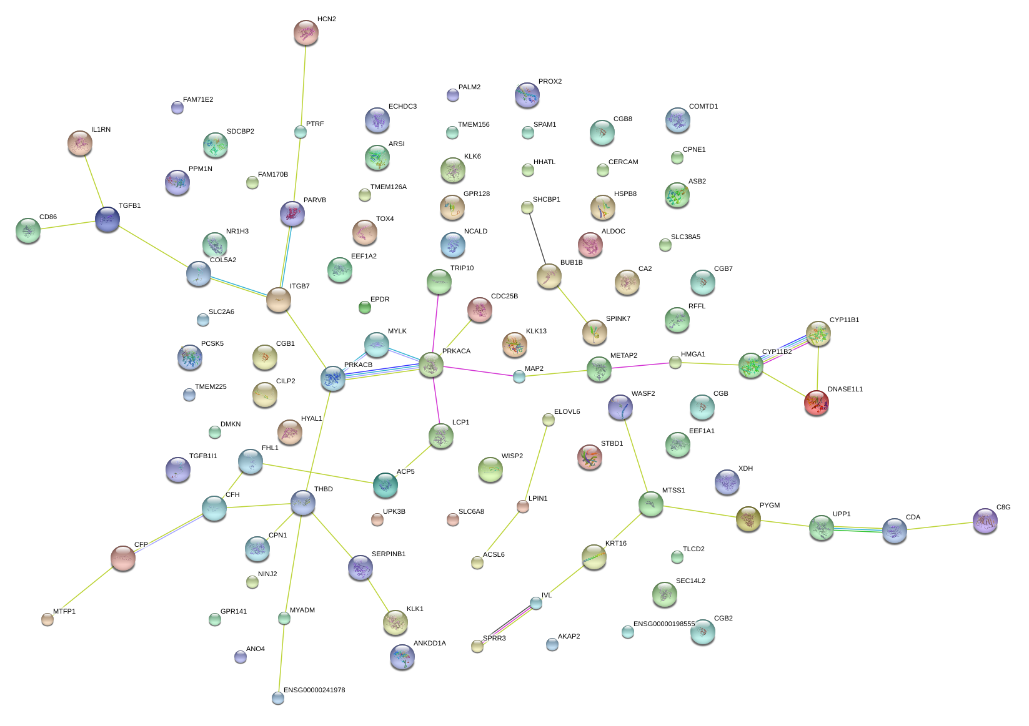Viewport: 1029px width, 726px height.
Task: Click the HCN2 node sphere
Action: [x=306, y=33]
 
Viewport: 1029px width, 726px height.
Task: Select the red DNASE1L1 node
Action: [x=817, y=403]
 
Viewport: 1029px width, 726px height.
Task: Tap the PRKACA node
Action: [x=431, y=365]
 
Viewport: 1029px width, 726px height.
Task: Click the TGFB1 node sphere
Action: [x=107, y=219]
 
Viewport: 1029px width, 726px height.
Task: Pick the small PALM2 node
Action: [x=453, y=95]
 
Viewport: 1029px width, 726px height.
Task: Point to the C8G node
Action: [x=985, y=521]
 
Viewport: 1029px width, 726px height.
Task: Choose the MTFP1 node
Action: [x=47, y=619]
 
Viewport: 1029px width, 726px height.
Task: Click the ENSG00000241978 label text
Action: [x=314, y=690]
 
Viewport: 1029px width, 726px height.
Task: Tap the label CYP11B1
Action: [x=844, y=320]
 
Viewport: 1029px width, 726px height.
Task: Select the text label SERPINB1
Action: [x=389, y=554]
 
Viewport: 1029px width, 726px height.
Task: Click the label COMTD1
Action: [x=703, y=107]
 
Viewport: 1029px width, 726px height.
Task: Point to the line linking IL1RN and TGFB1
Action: [x=94, y=182]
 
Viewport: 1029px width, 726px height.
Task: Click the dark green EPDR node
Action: [x=365, y=307]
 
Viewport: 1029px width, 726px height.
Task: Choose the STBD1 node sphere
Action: [x=589, y=458]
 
